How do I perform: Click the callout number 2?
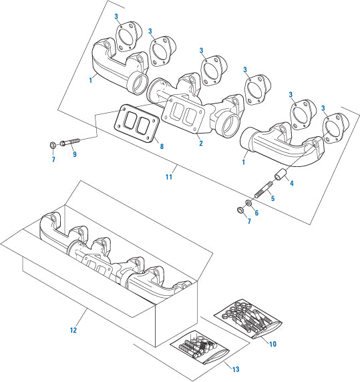click(200, 143)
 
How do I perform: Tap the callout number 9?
click(74, 155)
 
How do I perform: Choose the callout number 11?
click(169, 177)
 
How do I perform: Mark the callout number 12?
click(74, 330)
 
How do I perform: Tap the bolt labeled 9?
click(70, 142)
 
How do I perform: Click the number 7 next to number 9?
click(53, 160)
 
